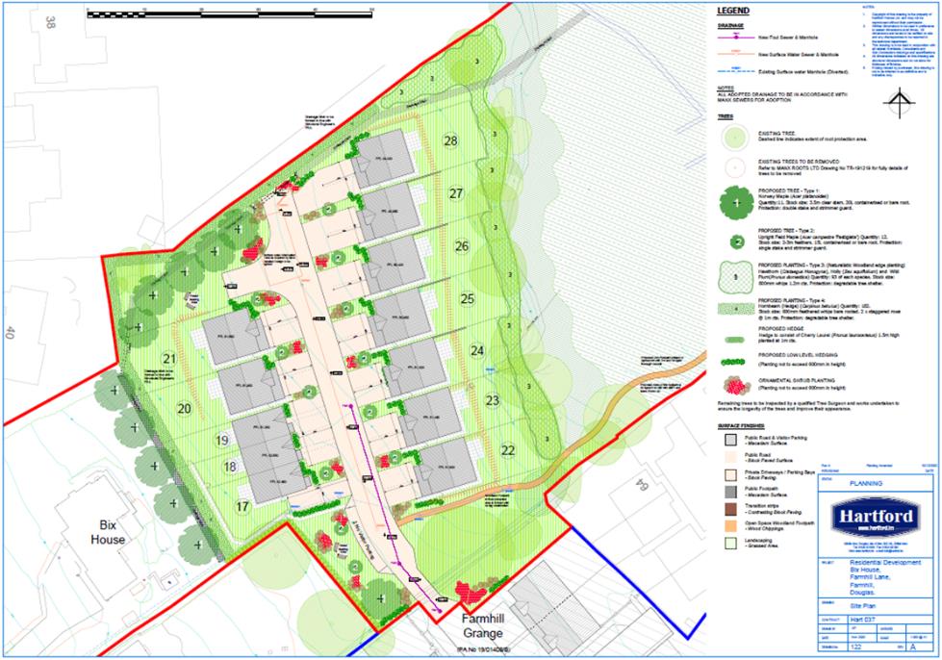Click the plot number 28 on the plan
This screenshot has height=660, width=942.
point(450,140)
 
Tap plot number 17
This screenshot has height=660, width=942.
point(242,506)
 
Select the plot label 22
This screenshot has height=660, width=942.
point(508,449)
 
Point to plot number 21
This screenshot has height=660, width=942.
point(169,359)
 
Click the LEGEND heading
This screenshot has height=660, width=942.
point(733,12)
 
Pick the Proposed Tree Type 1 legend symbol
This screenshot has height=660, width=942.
point(736,202)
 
